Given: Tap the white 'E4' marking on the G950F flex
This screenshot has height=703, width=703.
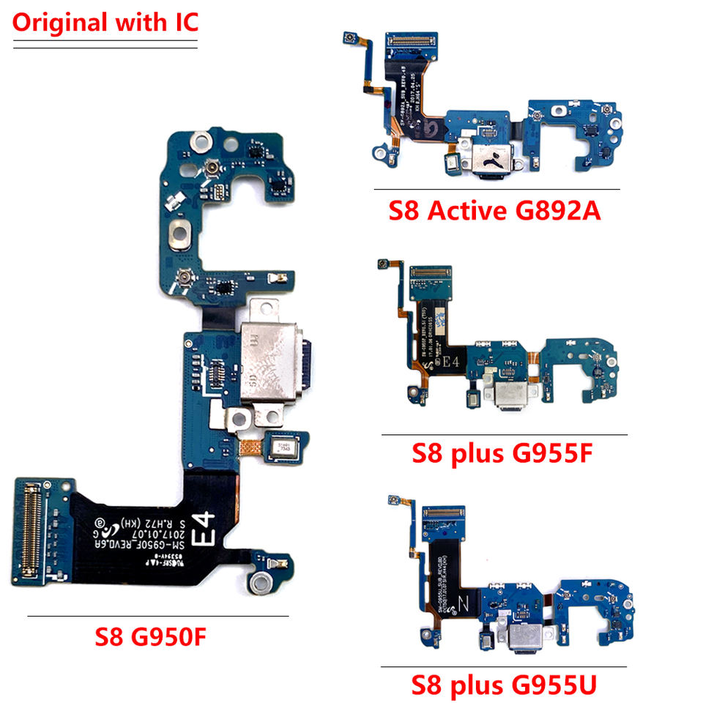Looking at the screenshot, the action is (204, 529).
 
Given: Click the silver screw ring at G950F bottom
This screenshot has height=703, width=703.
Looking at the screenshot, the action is (258, 586).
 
